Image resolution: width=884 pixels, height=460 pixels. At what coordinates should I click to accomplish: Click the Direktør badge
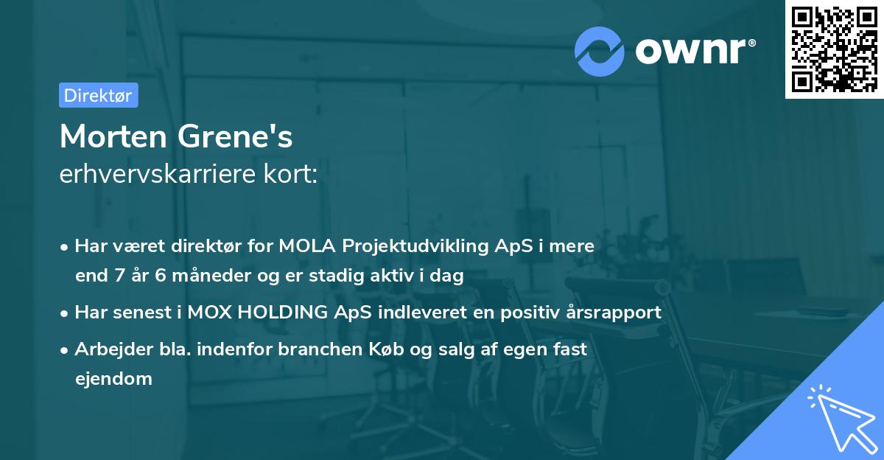[x=98, y=95]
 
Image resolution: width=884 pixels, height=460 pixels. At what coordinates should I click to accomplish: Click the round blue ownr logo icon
[x=600, y=51]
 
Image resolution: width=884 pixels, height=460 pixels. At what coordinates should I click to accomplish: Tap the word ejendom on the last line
[x=113, y=379]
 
